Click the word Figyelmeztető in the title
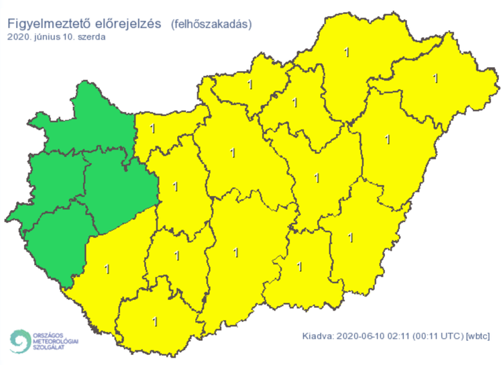(48, 23)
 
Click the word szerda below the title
(90, 37)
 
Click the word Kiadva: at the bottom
(318, 335)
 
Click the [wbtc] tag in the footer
(478, 335)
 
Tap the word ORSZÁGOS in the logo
(56, 334)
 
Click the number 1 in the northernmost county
(346, 52)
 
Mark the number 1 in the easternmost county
(435, 78)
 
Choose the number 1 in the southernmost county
(155, 321)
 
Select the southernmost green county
(57, 242)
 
